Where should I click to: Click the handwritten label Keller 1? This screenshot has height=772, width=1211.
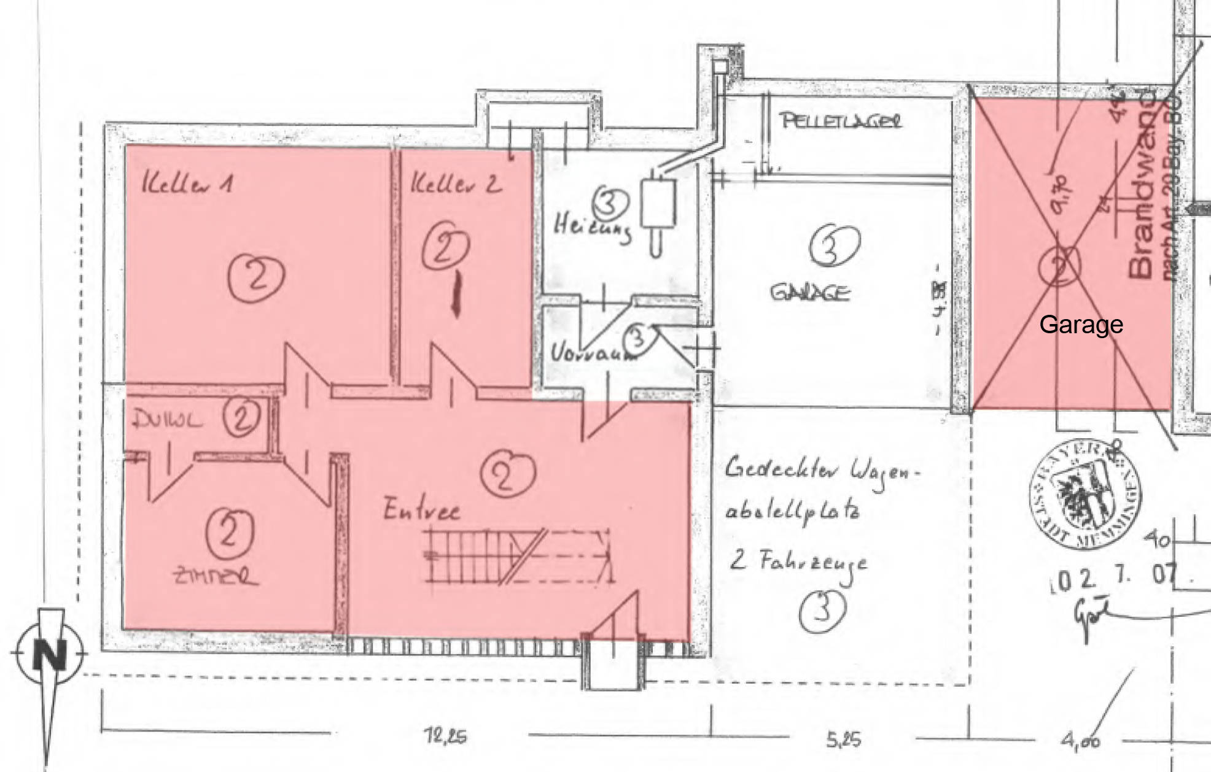[187, 183]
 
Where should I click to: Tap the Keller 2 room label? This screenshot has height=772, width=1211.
[456, 183]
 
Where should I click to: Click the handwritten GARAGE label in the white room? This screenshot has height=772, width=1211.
[810, 292]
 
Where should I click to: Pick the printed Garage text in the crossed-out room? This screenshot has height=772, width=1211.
[1081, 324]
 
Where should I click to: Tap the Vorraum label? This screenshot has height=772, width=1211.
[591, 353]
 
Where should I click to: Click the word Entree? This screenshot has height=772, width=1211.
[422, 510]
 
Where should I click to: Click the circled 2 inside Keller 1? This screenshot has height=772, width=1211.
[256, 277]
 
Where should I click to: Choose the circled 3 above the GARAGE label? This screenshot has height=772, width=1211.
[834, 245]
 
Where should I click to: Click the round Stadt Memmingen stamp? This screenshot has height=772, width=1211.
[1084, 493]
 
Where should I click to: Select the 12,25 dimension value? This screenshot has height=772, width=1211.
[445, 735]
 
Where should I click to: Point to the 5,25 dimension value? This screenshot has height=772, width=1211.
[843, 739]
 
